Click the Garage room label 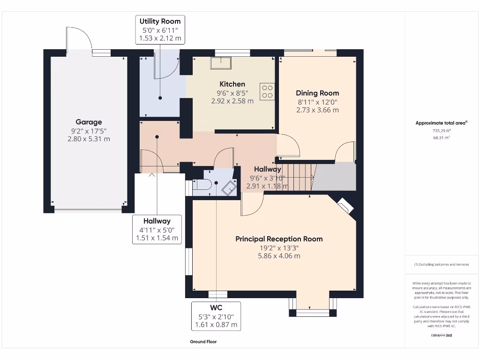89,122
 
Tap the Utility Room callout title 160,22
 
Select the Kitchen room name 232,84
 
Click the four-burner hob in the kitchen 268,91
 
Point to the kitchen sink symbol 221,62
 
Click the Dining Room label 317,93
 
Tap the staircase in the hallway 299,177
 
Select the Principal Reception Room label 279,239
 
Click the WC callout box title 216,307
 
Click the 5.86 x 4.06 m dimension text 279,256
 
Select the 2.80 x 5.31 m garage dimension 89,139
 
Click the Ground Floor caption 203,342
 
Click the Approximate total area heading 441,123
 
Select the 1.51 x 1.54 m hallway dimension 157,238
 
